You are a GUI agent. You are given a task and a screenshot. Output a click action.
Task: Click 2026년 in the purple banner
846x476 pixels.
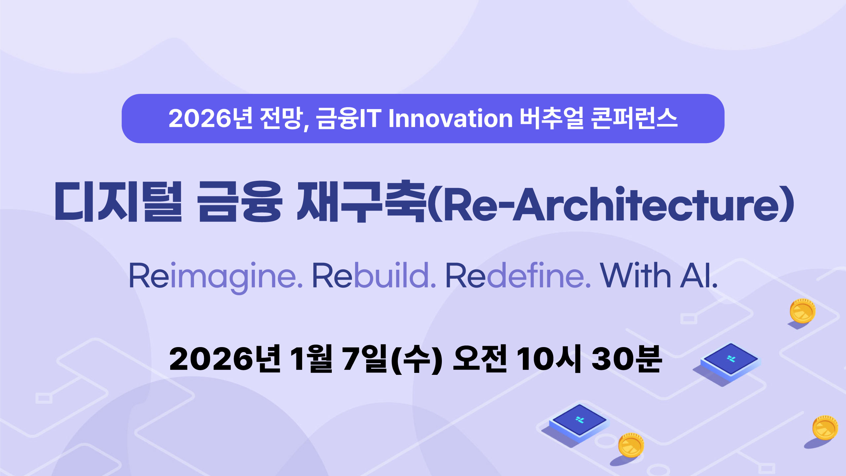pyautogui.click(x=211, y=118)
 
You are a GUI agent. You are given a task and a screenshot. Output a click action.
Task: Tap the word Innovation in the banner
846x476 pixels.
pyautogui.click(x=451, y=118)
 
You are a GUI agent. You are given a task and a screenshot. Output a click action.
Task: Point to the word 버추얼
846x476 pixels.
pyautogui.click(x=552, y=118)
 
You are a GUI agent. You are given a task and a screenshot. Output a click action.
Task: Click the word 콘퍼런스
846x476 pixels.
pyautogui.click(x=634, y=118)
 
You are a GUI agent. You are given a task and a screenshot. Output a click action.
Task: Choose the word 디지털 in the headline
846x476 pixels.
pyautogui.click(x=118, y=201)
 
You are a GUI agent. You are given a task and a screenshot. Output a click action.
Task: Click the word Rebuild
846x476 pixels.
pyautogui.click(x=374, y=275)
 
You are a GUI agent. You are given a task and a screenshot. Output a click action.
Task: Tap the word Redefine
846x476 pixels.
pyautogui.click(x=518, y=275)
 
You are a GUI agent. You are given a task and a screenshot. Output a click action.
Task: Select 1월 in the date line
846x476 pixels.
pyautogui.click(x=311, y=359)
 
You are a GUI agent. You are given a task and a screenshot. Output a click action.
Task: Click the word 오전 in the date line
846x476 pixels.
pyautogui.click(x=480, y=359)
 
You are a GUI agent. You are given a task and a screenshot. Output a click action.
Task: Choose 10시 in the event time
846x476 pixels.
pyautogui.click(x=549, y=359)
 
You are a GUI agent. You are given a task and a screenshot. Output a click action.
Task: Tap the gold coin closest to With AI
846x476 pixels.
pyautogui.click(x=802, y=311)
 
